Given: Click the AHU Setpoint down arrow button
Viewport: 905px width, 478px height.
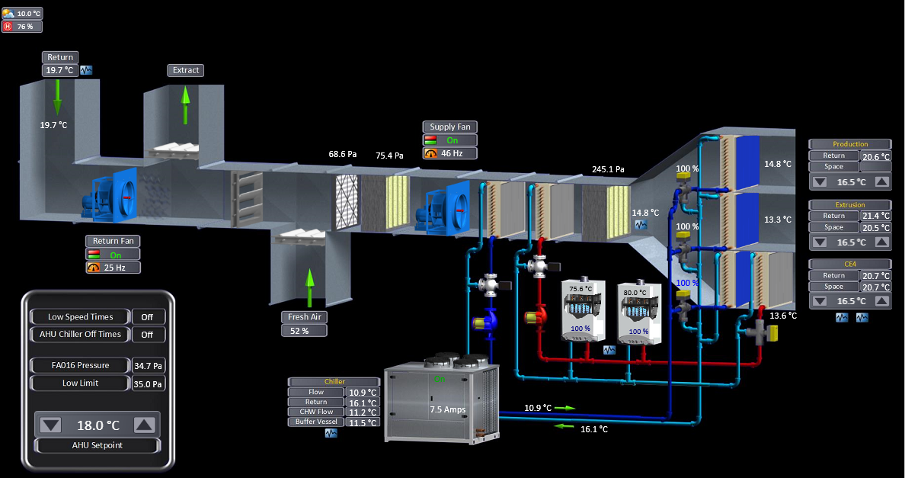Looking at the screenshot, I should (51, 425).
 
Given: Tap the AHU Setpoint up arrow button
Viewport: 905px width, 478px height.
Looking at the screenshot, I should (145, 425).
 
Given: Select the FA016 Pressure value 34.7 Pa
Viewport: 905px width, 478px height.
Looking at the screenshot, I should (149, 365).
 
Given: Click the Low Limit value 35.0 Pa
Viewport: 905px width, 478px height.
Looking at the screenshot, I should (149, 383).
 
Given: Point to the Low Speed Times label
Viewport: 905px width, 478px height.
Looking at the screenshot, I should (80, 316).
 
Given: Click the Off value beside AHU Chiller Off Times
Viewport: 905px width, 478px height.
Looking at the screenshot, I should (148, 334).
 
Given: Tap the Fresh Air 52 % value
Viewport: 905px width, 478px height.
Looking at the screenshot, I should (304, 331).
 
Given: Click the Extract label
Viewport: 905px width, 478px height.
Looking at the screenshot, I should (186, 70).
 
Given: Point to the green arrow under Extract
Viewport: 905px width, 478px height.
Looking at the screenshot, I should (185, 104).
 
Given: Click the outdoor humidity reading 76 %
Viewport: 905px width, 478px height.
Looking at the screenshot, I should (24, 27).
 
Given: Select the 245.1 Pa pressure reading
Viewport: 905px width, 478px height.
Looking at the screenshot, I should (608, 169).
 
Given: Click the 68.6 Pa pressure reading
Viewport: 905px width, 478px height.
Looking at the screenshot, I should (343, 154).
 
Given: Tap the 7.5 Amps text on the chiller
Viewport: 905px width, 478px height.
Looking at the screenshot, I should (447, 409).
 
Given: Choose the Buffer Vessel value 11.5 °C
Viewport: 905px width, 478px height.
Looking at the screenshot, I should (363, 422).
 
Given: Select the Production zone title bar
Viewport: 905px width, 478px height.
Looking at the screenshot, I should (850, 144).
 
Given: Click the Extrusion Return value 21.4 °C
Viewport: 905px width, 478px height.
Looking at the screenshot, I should (875, 217).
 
